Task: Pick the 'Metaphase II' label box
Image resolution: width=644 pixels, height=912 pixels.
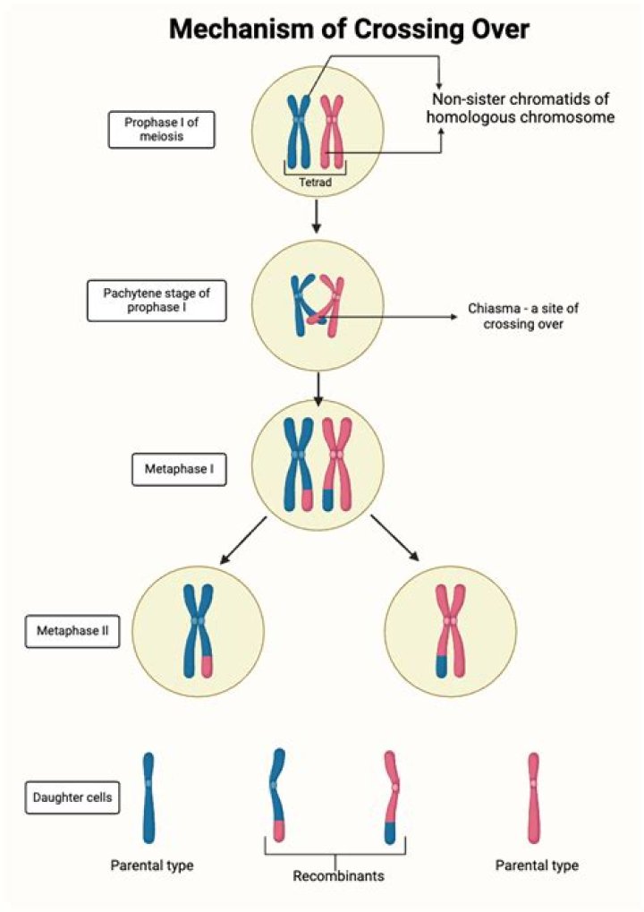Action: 72,630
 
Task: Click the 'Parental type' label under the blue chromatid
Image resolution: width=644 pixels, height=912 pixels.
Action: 151,865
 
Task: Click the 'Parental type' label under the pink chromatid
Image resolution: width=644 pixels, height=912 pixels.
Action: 537,865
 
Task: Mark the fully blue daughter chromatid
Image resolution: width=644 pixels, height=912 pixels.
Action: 148,797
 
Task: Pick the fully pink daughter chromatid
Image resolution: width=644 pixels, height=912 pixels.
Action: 534,797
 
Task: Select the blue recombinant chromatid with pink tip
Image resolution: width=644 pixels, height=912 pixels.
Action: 277,795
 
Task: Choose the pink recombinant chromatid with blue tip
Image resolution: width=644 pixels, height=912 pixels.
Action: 392,795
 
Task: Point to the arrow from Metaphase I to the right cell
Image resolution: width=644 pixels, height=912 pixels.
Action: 394,539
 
